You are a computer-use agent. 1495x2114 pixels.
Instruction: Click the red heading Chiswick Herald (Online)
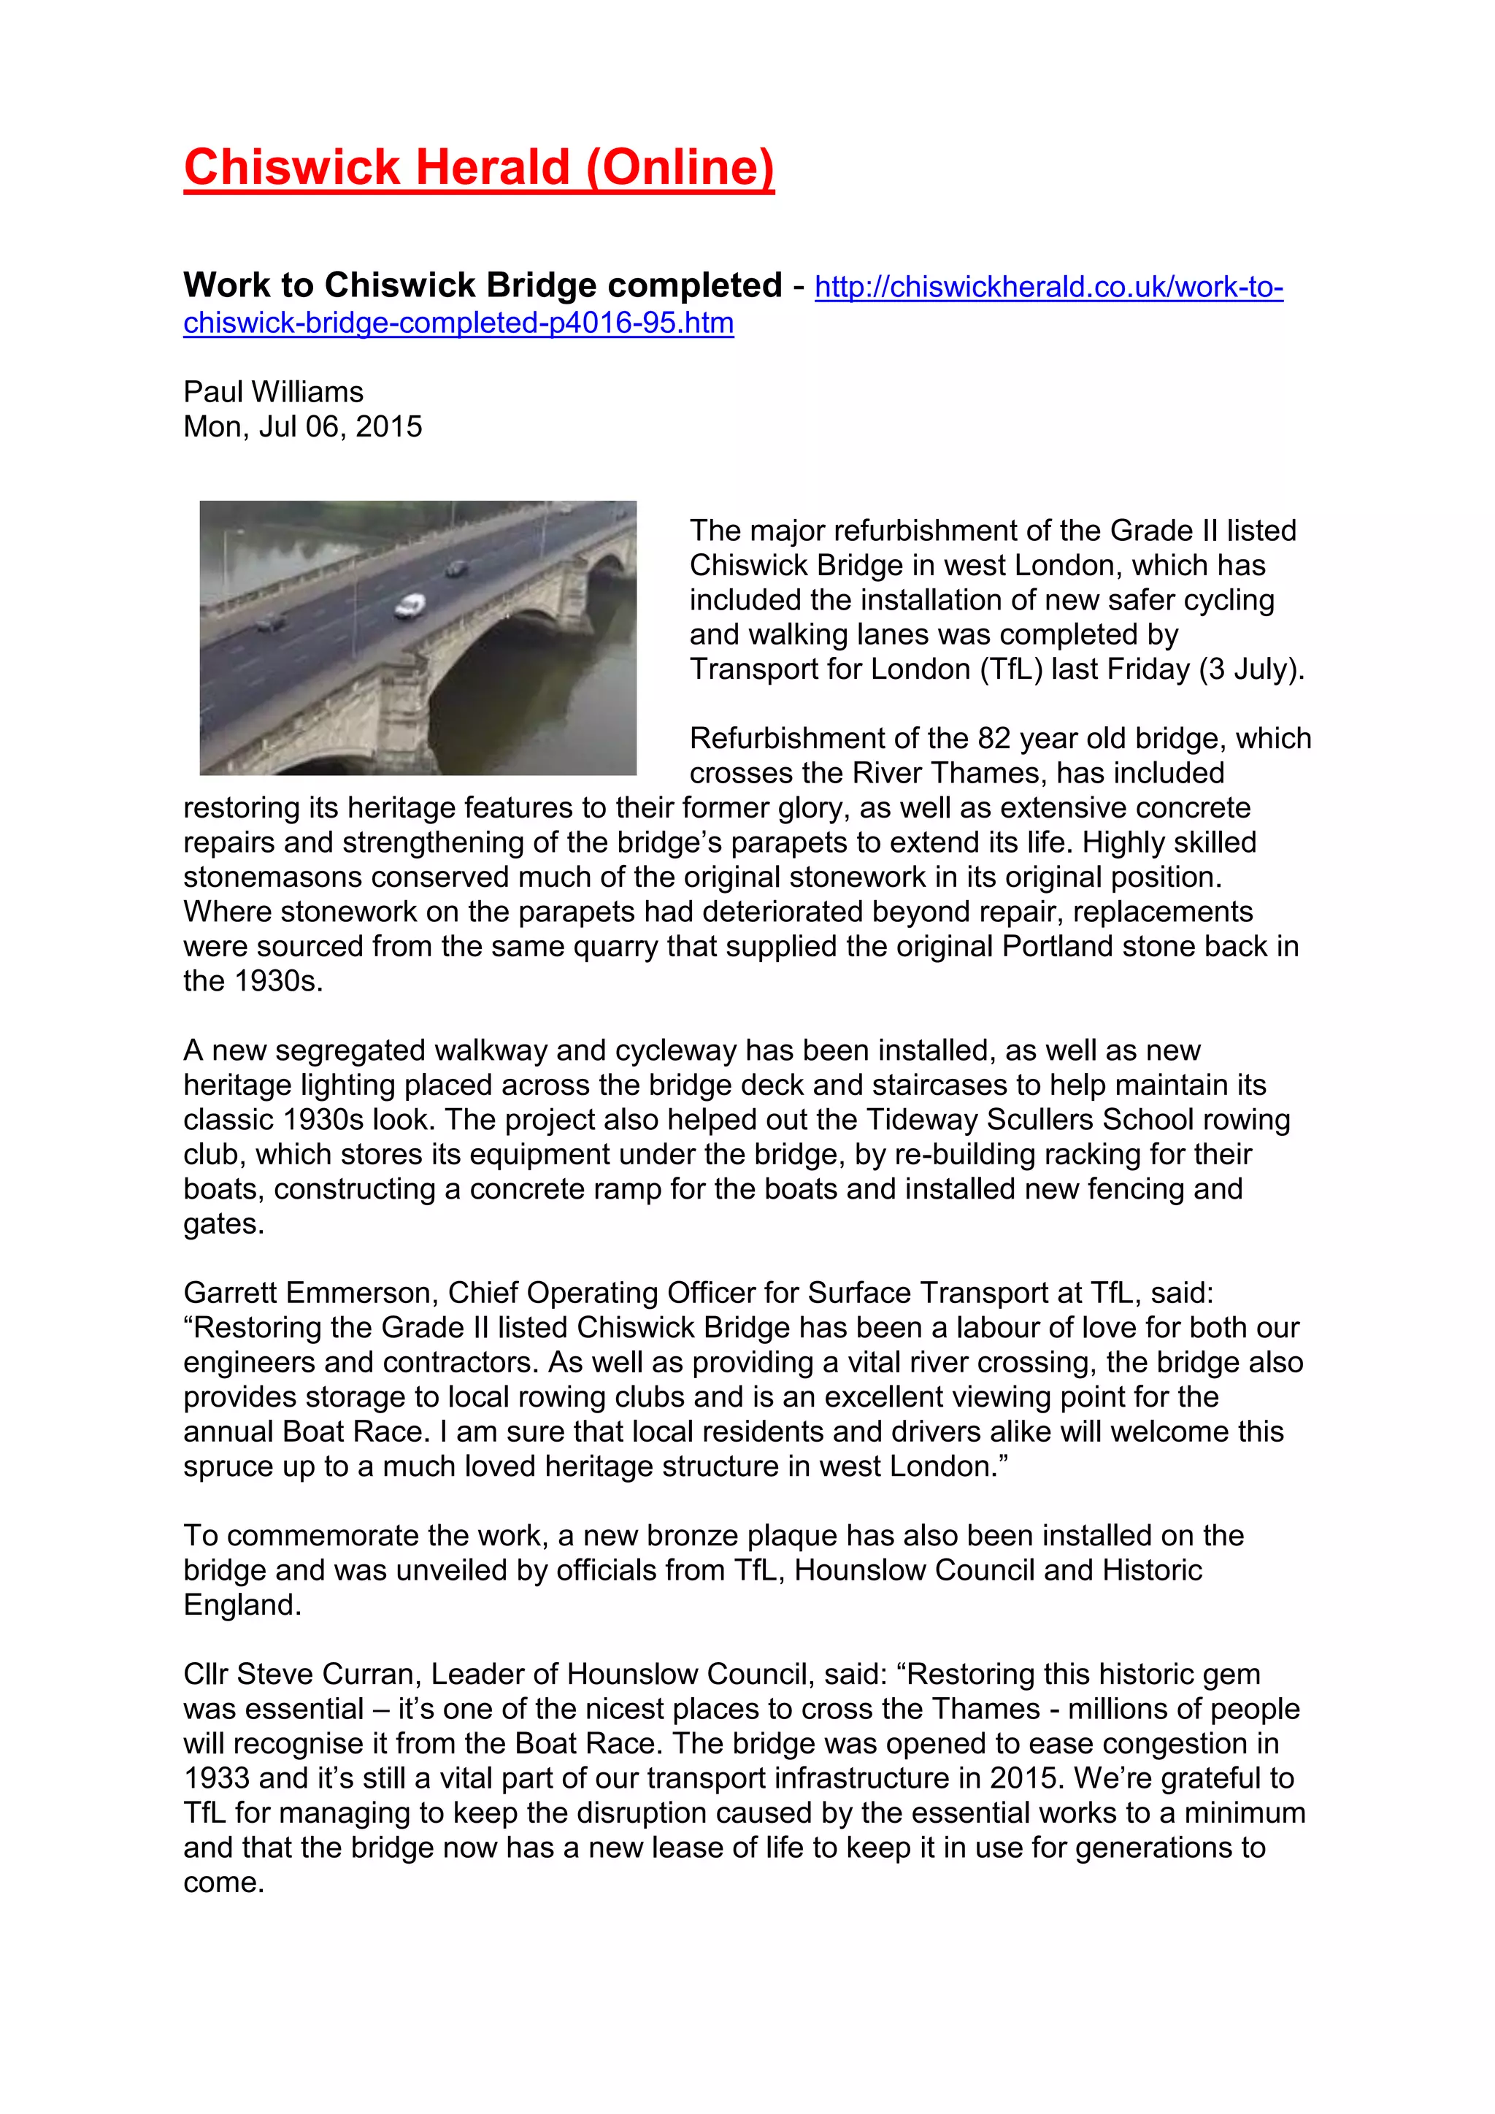click(x=479, y=168)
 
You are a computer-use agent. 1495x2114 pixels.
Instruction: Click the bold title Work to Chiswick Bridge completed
click(x=483, y=285)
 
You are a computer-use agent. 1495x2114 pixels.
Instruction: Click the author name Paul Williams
click(x=274, y=392)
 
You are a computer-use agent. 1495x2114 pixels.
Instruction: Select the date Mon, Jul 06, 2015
click(x=302, y=427)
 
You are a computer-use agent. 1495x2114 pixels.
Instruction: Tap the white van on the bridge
click(x=410, y=605)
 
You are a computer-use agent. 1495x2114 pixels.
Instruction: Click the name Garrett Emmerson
click(x=307, y=1293)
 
